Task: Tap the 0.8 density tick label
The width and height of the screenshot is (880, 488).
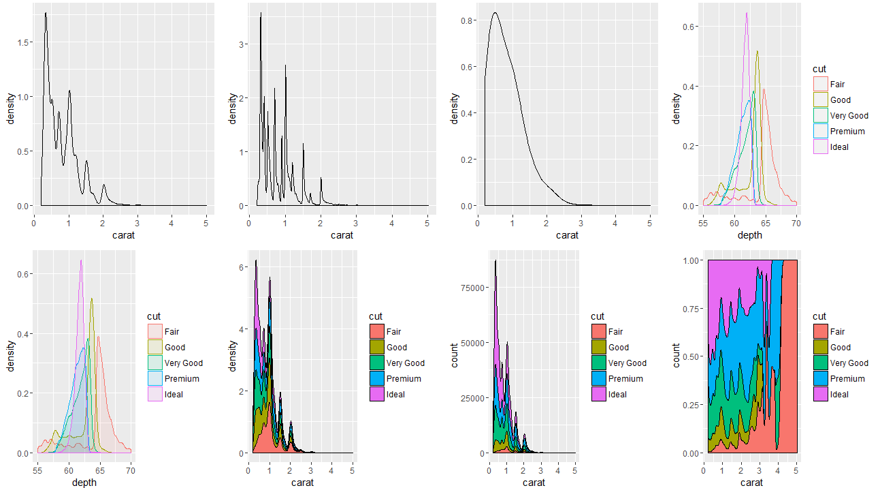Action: (x=466, y=21)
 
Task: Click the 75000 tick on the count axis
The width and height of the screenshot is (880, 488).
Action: (x=471, y=288)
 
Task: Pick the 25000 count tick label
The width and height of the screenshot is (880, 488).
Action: (x=471, y=398)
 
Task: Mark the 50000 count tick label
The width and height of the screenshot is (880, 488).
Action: (x=471, y=343)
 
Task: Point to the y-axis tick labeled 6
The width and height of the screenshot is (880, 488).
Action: (x=241, y=268)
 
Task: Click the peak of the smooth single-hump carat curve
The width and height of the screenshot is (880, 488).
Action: (x=495, y=13)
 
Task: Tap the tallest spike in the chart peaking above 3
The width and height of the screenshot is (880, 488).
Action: (x=261, y=13)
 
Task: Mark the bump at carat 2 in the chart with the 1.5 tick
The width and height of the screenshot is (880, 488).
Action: (x=103, y=185)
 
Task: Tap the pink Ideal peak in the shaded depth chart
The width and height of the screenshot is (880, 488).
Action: (x=81, y=260)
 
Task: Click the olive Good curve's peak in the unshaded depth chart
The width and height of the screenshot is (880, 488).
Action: (x=757, y=51)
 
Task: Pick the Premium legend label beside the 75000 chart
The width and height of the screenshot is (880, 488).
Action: (x=625, y=379)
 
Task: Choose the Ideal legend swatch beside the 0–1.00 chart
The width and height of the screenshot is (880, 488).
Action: (x=820, y=395)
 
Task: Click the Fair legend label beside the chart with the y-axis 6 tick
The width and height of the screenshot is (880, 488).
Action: (x=393, y=332)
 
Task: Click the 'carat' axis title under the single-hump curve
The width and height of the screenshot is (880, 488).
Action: (x=566, y=235)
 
